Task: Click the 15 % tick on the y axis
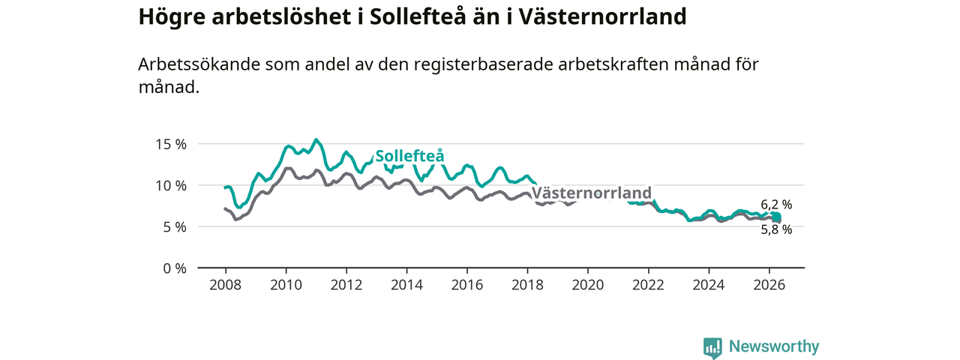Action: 171,145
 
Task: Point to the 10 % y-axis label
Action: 171,185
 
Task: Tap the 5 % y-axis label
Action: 175,226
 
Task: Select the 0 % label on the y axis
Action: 175,268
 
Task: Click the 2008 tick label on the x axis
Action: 226,285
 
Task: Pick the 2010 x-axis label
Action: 286,285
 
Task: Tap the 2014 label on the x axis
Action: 406,285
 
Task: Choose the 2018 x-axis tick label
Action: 527,285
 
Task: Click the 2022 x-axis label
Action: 649,285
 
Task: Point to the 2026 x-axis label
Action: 769,285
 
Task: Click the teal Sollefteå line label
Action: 409,156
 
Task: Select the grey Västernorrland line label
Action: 592,193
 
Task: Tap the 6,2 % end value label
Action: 776,205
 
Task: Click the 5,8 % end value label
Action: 776,229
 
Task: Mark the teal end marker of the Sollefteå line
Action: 776,217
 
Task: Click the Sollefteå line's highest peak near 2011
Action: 316,139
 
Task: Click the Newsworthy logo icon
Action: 712,348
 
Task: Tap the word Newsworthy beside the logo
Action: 774,346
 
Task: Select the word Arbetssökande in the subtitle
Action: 199,64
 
